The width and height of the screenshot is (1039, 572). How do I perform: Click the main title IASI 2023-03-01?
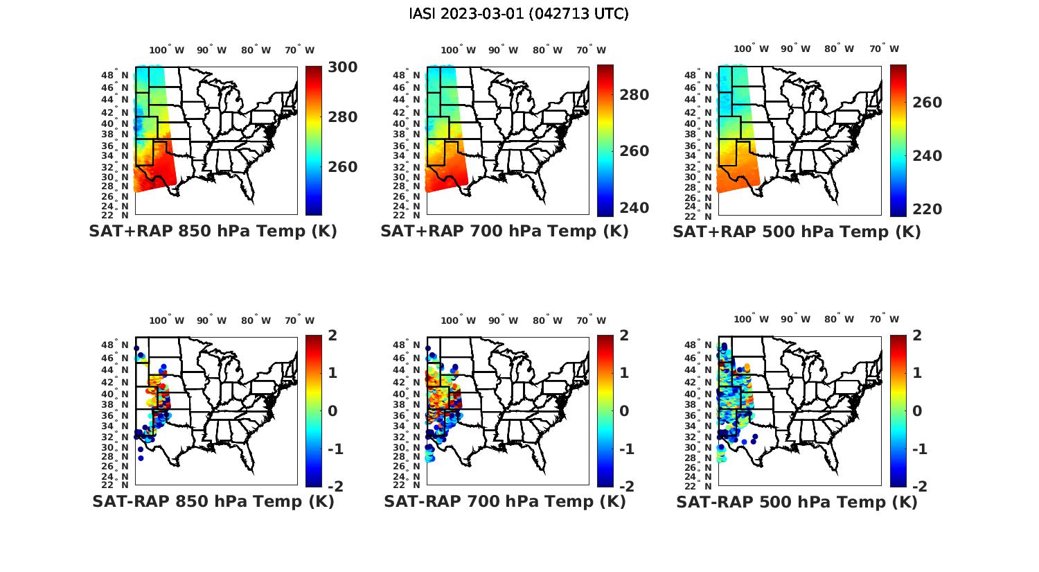(x=519, y=14)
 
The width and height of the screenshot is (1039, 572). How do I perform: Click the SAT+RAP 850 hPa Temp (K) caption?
(x=213, y=232)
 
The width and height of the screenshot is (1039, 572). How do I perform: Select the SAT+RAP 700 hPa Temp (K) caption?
(x=504, y=232)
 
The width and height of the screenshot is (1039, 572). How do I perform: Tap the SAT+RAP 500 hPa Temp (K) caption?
(x=797, y=232)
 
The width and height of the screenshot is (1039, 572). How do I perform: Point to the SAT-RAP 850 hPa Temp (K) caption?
(x=213, y=502)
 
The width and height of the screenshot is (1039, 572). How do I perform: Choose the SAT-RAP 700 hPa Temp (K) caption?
(x=504, y=502)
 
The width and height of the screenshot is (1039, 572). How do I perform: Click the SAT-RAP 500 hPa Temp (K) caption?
(x=797, y=502)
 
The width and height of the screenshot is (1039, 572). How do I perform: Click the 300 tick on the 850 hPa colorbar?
(x=342, y=67)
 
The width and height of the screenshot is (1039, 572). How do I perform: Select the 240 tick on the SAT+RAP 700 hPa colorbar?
(x=634, y=208)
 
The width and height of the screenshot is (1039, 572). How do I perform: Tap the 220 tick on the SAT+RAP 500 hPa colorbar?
(x=927, y=209)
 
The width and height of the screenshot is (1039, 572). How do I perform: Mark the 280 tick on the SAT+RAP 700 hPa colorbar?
(x=634, y=95)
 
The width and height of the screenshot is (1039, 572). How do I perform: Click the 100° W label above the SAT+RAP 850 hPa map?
(x=167, y=50)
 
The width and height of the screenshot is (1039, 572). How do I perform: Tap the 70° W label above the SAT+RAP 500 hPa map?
(x=884, y=49)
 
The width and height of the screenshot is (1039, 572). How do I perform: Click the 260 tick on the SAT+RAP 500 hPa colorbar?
(x=927, y=103)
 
